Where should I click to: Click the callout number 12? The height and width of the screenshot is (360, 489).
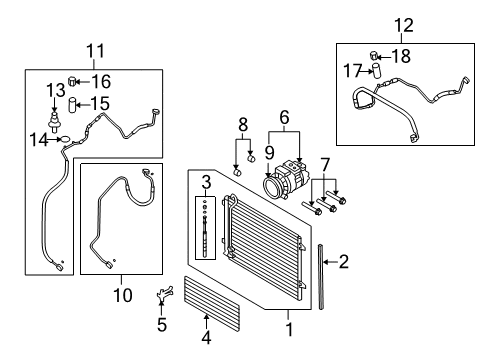404,25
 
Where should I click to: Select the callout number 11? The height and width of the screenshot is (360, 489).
95,51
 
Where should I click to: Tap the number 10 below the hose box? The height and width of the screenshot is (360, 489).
123,295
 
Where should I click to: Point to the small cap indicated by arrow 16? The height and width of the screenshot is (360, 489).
72,81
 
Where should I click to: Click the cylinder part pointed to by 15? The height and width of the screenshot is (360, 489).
72,105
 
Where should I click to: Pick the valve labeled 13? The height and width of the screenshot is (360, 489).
53,121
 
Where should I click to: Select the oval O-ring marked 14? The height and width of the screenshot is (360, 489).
66,140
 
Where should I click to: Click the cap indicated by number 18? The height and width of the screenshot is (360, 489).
374,55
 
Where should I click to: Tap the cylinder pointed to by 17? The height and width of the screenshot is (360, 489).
376,70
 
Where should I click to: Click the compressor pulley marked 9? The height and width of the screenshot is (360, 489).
271,187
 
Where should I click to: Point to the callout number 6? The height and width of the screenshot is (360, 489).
284,117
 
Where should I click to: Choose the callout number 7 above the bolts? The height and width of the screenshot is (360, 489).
325,165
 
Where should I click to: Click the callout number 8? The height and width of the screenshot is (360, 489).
243,124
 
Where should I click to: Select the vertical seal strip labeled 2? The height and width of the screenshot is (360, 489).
321,277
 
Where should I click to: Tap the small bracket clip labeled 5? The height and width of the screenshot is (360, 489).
164,293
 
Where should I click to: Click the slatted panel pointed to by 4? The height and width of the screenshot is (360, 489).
212,304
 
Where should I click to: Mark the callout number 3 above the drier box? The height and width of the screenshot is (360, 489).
206,182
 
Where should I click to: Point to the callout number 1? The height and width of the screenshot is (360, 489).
289,329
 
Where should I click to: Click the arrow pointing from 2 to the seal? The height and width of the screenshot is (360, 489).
330,262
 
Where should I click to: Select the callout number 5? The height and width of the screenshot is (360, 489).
162,324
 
